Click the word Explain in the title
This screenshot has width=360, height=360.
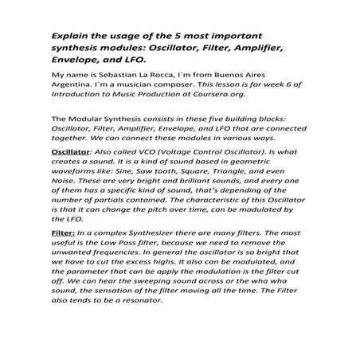tap(69, 37)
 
